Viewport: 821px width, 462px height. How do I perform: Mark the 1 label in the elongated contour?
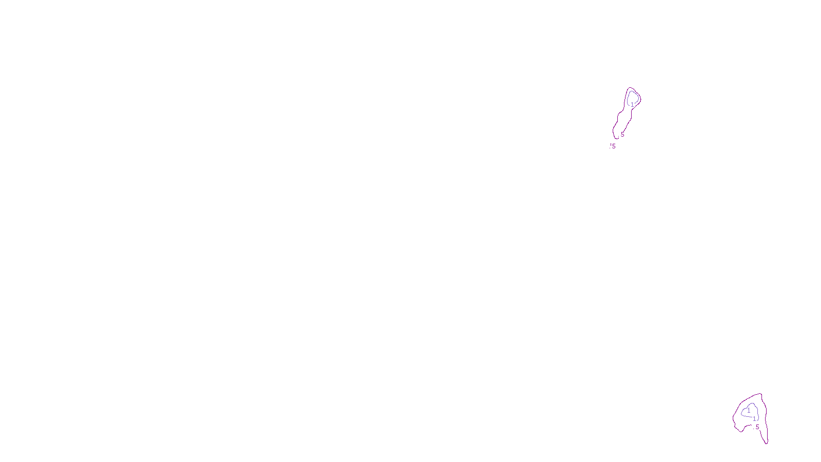pyautogui.click(x=632, y=104)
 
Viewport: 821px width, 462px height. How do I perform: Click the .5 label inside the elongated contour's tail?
pyautogui.click(x=622, y=134)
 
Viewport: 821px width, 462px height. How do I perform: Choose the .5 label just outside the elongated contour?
pyautogui.click(x=613, y=146)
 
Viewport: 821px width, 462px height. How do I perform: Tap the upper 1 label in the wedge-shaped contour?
pyautogui.click(x=749, y=411)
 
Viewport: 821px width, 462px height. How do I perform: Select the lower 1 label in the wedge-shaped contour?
pyautogui.click(x=754, y=419)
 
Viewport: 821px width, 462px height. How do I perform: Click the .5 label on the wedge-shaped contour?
pyautogui.click(x=756, y=427)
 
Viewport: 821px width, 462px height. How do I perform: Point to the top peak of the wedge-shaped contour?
pyautogui.click(x=761, y=394)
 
